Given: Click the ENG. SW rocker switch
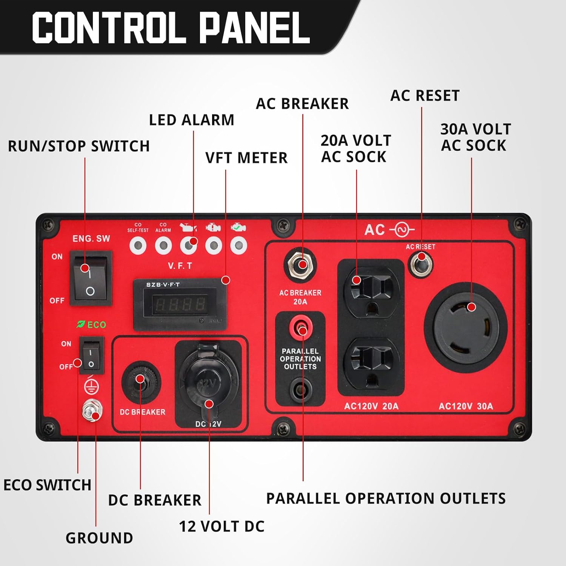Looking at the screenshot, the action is pos(91,278).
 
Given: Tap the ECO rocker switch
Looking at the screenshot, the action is pos(91,355).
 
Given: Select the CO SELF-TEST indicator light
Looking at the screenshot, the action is pos(138,246).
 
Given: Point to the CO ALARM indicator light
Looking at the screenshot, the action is pos(163,246).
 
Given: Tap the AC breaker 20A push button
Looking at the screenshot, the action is pos(300,265).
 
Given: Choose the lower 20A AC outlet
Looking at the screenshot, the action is pos(371,364).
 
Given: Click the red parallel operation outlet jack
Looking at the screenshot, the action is pos(300,327).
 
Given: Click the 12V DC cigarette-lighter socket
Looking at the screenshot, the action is pos(209,381).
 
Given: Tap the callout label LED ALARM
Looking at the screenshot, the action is pos(192,120).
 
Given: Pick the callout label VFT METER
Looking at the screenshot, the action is pos(246,158).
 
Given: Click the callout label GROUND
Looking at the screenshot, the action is pos(99,538).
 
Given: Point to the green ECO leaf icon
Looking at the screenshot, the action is pos(81,324).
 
